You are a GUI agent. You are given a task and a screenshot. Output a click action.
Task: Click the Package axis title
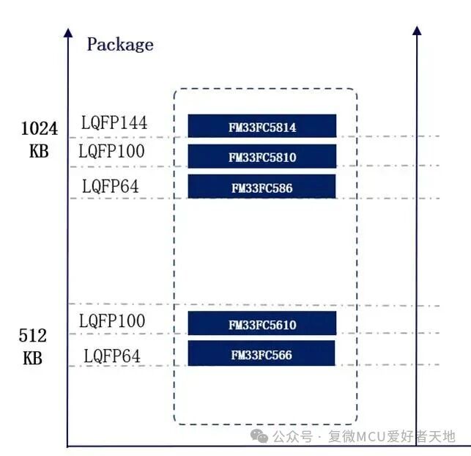click(120, 45)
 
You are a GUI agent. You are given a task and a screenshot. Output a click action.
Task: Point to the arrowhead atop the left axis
click(68, 33)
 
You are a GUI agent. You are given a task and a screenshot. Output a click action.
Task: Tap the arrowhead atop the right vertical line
click(417, 30)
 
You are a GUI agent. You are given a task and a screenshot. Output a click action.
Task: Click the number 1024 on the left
click(40, 128)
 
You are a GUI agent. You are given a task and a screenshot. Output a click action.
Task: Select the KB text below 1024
click(39, 151)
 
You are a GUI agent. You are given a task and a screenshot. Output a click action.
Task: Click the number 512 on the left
click(33, 336)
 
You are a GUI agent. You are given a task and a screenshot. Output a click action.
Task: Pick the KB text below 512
click(33, 358)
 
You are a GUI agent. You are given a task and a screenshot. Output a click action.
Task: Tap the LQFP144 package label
click(114, 122)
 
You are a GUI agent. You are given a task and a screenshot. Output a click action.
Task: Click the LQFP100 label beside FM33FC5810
click(111, 151)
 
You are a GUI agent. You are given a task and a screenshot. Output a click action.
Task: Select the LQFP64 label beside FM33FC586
click(110, 186)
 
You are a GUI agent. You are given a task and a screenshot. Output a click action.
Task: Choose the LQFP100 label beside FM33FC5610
click(112, 320)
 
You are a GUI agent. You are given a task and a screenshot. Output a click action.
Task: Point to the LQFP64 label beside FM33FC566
click(112, 356)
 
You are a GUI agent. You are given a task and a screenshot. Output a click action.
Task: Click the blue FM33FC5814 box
click(262, 125)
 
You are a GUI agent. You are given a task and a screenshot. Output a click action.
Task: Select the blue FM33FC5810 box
click(262, 156)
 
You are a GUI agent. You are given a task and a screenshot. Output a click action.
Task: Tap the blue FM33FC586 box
click(262, 186)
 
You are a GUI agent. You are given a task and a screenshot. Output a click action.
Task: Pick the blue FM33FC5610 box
click(262, 323)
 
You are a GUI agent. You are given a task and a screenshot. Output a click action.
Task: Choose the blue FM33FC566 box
click(262, 353)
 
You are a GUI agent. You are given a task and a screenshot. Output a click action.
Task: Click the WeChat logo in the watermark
click(259, 436)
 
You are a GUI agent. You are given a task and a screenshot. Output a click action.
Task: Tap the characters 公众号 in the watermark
click(292, 437)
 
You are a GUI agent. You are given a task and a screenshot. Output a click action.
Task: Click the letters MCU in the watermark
click(371, 437)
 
